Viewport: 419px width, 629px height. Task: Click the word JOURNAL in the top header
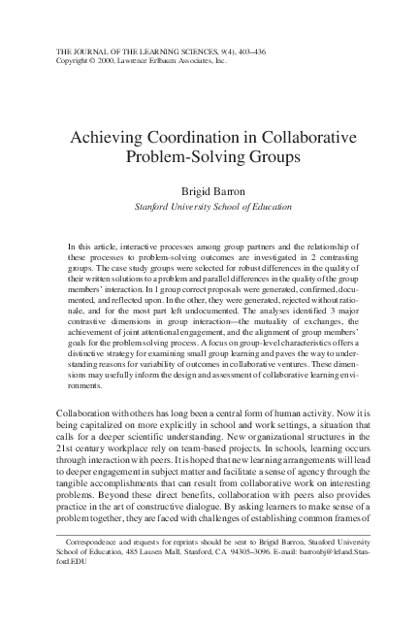pos(90,48)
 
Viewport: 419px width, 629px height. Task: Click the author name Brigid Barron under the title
pos(209,191)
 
